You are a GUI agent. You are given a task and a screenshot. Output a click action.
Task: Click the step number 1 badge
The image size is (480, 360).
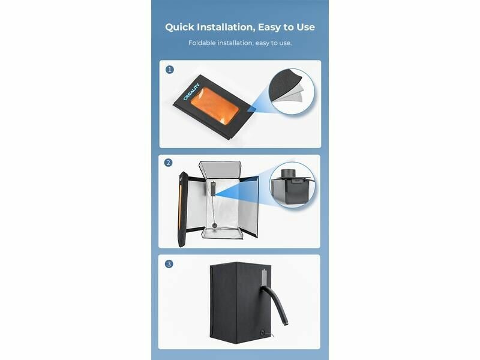tap(170, 70)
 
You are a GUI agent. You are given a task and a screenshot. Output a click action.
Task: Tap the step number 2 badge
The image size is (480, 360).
tap(169, 163)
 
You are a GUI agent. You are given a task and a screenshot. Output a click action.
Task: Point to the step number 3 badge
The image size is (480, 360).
tap(169, 264)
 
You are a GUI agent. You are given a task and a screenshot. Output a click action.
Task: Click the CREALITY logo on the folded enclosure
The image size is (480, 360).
tap(191, 92)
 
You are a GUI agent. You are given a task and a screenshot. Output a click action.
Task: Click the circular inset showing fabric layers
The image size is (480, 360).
tap(292, 91)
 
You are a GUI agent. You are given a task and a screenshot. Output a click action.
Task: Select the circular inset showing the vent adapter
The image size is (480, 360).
tap(292, 185)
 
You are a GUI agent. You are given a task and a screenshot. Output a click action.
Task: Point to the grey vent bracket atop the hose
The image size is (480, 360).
tap(265, 277)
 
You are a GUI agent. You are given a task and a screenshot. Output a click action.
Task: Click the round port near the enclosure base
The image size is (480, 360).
tap(263, 332)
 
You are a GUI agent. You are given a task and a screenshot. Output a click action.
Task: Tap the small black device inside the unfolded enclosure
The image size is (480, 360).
tap(212, 189)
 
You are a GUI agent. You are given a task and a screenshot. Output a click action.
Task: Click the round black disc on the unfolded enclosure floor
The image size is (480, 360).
tap(215, 226)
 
